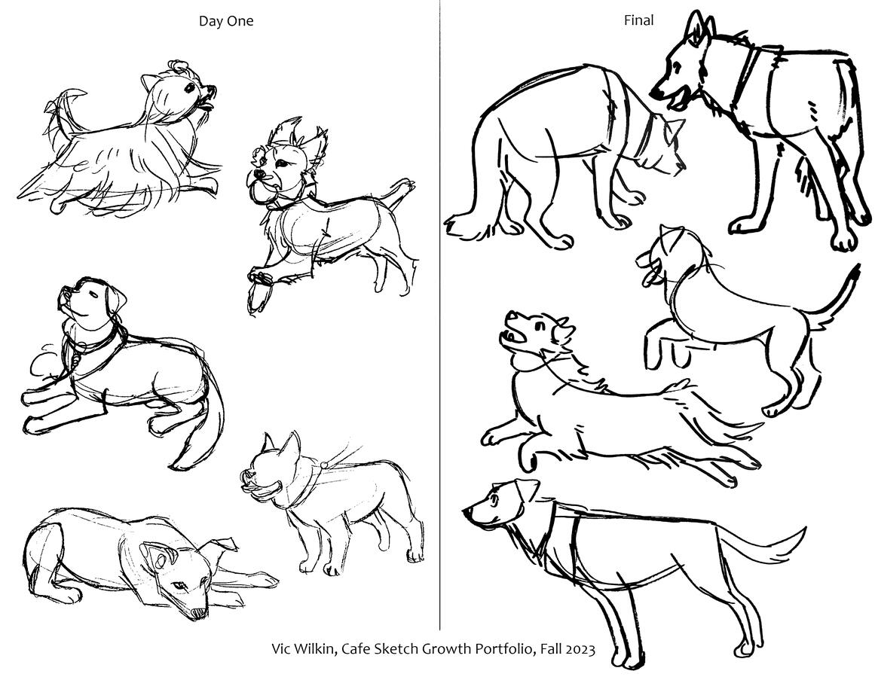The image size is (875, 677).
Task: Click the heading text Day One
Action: click(x=226, y=21)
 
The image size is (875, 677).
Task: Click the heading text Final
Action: click(x=638, y=20)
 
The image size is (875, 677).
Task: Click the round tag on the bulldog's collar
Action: click(x=323, y=465)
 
